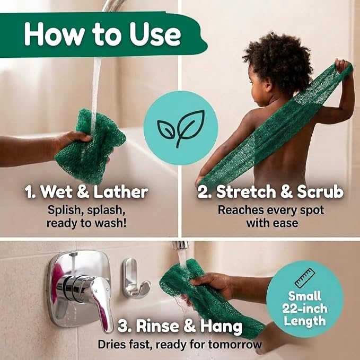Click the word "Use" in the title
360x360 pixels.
(155, 34)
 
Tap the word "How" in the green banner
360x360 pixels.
(54, 34)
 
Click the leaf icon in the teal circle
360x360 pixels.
(181, 128)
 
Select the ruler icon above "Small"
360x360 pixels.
(305, 278)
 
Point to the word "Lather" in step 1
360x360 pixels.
(121, 192)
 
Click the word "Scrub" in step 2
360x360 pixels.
(320, 191)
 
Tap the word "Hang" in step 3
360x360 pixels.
(221, 326)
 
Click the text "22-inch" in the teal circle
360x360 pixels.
(305, 309)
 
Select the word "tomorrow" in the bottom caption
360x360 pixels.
(235, 345)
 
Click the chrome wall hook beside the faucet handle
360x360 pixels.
(134, 279)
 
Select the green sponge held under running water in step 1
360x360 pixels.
(90, 146)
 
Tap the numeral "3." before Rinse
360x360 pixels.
(125, 326)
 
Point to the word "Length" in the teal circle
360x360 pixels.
(305, 321)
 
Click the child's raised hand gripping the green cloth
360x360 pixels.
(341, 65)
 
